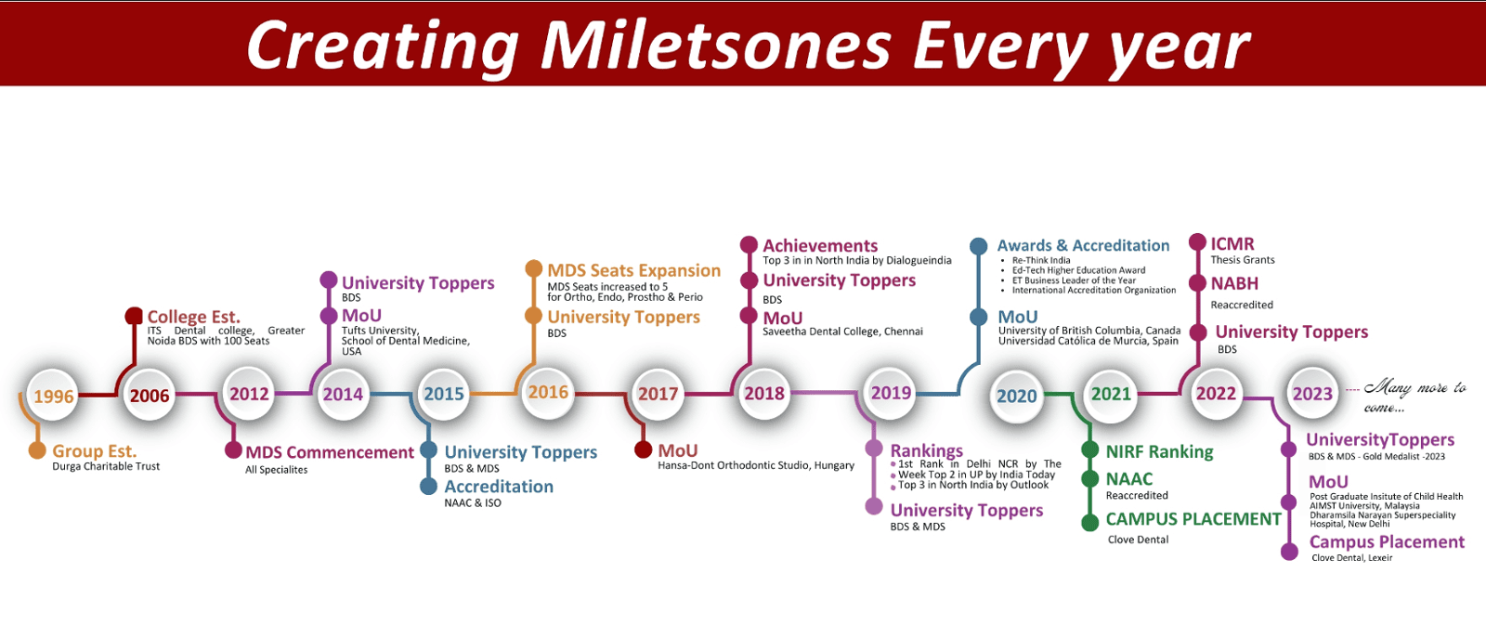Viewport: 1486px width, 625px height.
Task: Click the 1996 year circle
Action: click(53, 396)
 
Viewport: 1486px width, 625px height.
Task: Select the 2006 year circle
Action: click(150, 396)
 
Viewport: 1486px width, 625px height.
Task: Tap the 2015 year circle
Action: click(444, 394)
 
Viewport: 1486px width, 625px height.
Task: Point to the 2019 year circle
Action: click(891, 393)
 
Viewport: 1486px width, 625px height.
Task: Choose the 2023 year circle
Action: click(1312, 394)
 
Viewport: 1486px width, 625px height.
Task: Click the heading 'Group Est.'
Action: click(94, 451)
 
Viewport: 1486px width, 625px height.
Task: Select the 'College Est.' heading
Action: click(194, 317)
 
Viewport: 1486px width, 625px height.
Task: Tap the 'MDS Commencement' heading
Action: click(330, 452)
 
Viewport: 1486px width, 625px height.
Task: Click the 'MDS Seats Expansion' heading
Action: click(633, 270)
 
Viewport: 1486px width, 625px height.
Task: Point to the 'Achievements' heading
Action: click(820, 245)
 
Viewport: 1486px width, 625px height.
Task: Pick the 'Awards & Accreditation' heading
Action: click(1083, 245)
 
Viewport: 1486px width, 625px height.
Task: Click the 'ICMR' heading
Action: click(1232, 243)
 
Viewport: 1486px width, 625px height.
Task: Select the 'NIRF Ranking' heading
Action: click(1159, 452)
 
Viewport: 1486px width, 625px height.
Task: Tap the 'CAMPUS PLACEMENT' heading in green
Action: click(1193, 519)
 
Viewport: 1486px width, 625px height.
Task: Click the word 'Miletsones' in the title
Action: click(715, 46)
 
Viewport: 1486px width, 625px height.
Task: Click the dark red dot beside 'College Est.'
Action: click(134, 316)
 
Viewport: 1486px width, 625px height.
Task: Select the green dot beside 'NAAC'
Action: click(1089, 478)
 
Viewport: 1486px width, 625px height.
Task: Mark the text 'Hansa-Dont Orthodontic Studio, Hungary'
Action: click(756, 466)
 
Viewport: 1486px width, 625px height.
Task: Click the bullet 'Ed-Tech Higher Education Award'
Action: click(1078, 270)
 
